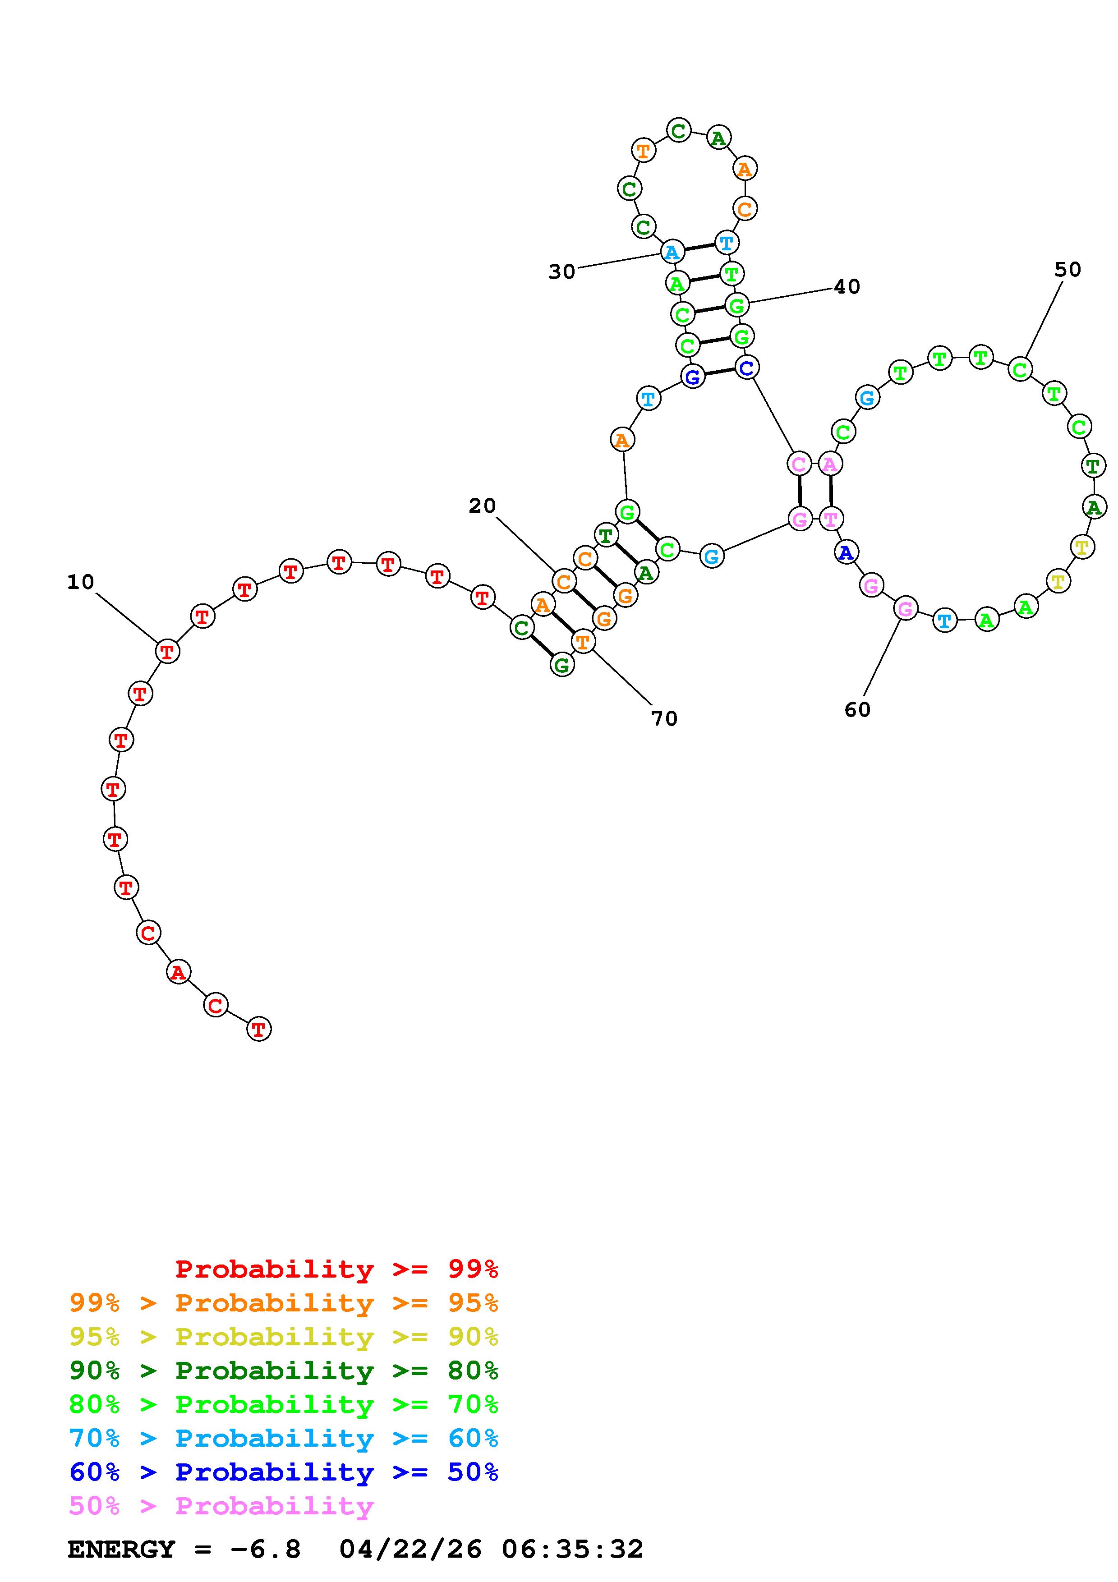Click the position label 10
(x=81, y=582)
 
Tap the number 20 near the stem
(x=482, y=506)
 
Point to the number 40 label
(x=847, y=287)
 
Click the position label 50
(x=1067, y=269)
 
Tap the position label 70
(x=665, y=719)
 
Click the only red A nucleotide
(x=179, y=972)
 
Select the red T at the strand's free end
(x=259, y=1030)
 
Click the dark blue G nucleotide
(x=693, y=377)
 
